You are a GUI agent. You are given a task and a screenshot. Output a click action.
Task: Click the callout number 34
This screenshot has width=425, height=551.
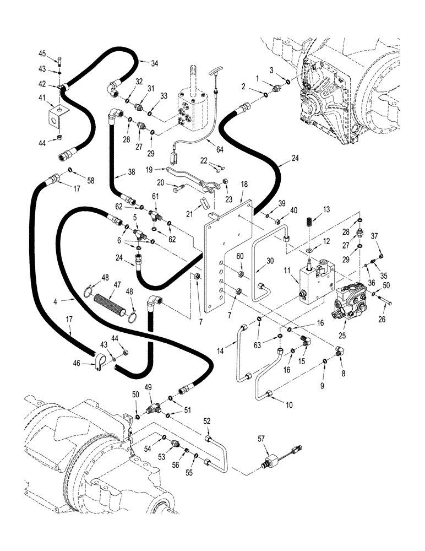coord(155,63)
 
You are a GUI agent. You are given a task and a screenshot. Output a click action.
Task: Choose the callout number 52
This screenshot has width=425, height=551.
coord(207,422)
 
